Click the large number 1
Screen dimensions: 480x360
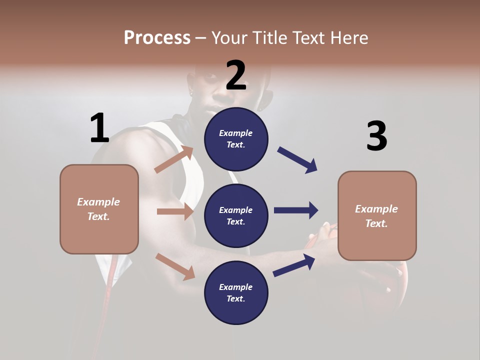99,128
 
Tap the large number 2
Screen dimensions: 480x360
236,75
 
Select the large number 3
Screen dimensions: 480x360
376,136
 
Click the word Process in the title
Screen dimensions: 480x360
157,37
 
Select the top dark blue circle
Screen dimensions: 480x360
236,139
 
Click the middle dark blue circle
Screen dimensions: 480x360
236,216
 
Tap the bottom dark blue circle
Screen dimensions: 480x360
236,293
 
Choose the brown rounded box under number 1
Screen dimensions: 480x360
99,209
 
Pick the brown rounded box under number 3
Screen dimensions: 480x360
377,216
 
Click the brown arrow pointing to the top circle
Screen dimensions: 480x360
174,159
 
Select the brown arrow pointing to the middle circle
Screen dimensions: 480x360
175,211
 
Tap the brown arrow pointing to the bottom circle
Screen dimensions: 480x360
175,266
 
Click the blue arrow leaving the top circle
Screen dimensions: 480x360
297,160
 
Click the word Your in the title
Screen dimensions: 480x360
229,37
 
